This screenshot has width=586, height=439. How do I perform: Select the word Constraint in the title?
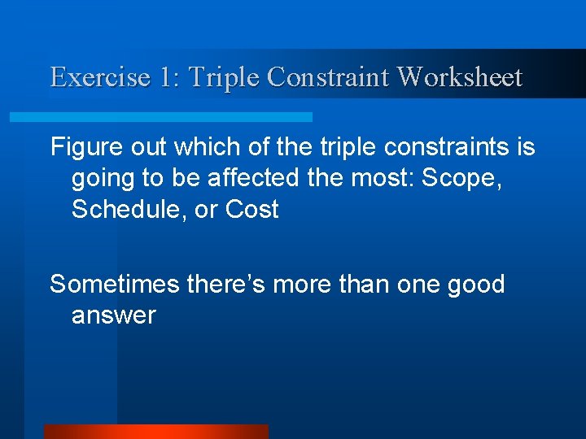[x=329, y=77]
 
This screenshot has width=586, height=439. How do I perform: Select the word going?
[x=102, y=179]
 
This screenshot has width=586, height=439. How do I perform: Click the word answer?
[x=113, y=316]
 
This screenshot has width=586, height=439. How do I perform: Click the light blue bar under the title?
[x=160, y=117]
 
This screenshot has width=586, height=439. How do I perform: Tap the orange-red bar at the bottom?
[x=155, y=432]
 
